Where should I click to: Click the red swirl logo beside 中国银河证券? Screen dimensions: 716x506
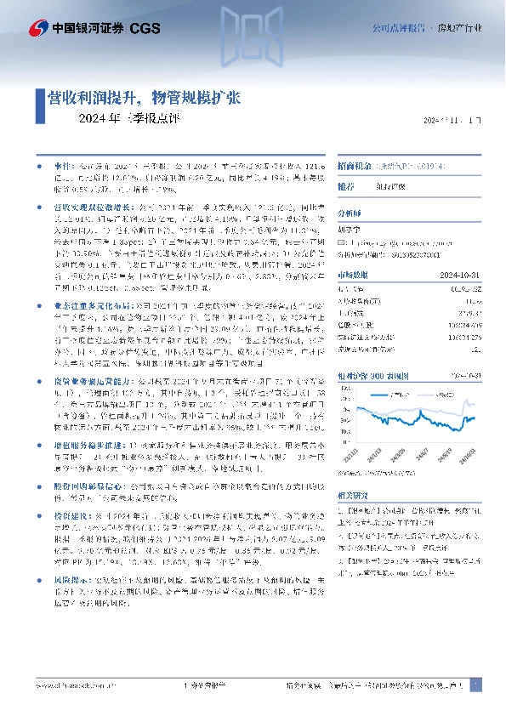click(x=38, y=28)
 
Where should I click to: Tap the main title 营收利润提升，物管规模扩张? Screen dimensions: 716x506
click(x=144, y=98)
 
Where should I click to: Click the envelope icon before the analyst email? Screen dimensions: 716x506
click(x=342, y=242)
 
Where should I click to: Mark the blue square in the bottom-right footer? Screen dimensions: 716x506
click(x=476, y=685)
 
